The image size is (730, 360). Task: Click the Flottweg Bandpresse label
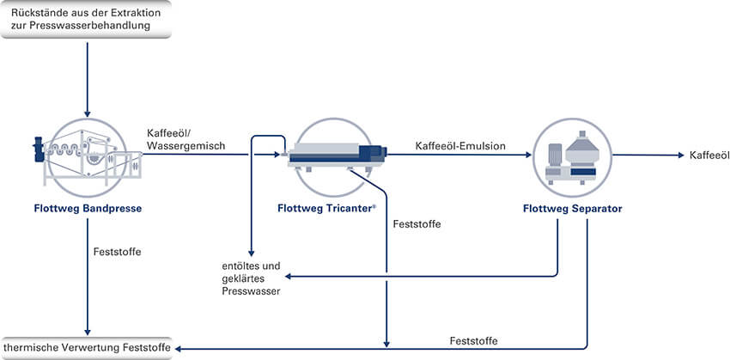(x=87, y=208)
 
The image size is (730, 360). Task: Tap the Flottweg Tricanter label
(x=327, y=208)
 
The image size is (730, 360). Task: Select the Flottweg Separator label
(x=572, y=208)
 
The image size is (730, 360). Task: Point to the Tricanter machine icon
(x=335, y=155)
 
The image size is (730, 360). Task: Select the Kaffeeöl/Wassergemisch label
(x=186, y=140)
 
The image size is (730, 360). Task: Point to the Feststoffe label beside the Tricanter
(x=417, y=224)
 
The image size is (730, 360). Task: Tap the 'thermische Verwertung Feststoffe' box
(x=86, y=347)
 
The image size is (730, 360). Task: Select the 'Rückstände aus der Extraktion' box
(x=86, y=17)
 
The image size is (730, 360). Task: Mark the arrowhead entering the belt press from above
(x=87, y=113)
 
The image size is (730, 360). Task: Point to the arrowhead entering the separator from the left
(x=527, y=156)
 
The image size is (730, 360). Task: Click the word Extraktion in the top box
(x=135, y=9)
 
